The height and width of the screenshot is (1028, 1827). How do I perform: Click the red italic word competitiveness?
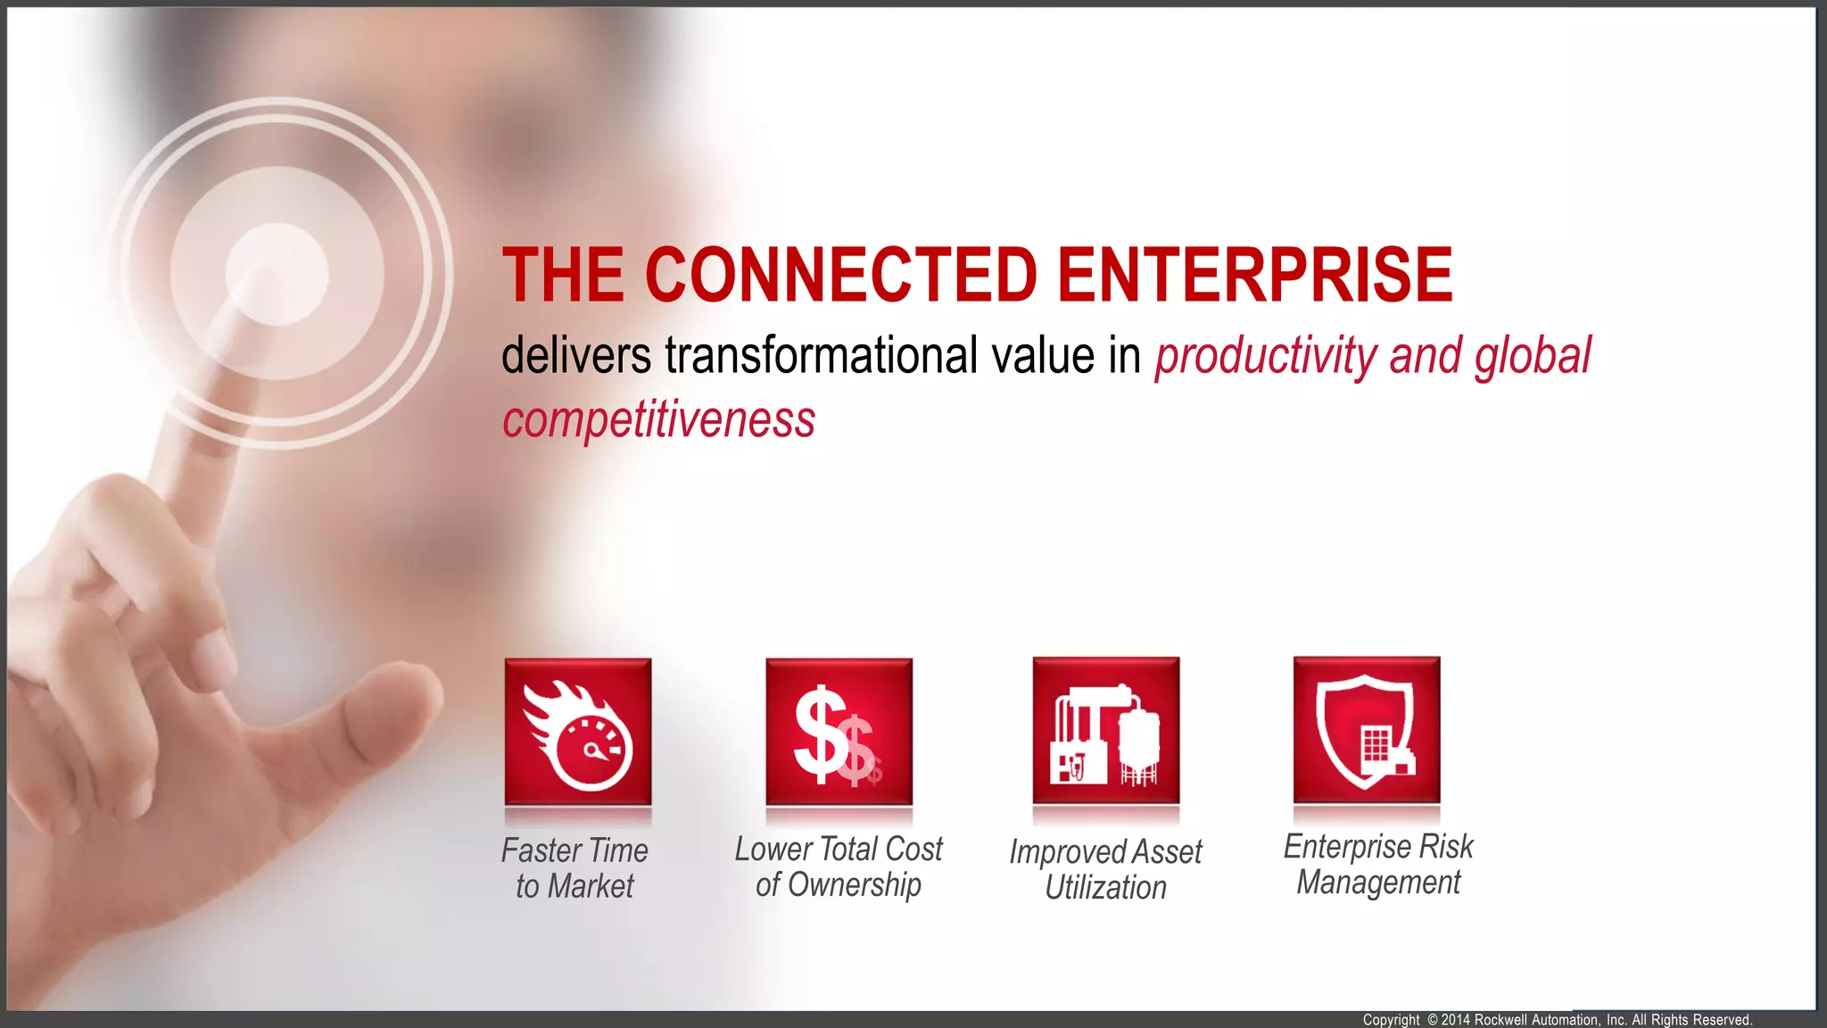pos(658,419)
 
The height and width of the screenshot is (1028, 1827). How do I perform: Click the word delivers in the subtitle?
pos(576,355)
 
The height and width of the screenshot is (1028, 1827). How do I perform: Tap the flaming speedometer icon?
pos(577,733)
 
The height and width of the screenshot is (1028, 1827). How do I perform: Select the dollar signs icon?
pos(839,733)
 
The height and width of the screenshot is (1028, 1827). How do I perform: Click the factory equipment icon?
pos(1105,732)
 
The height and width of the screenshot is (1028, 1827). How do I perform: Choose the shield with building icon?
pos(1366,731)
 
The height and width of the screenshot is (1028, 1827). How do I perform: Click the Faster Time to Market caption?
pos(575,867)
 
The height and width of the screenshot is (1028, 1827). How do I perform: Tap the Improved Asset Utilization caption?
pos(1105,869)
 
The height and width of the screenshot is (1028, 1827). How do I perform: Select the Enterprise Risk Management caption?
pos(1377,864)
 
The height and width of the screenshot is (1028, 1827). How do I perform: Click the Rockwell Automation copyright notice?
pos(1557,1019)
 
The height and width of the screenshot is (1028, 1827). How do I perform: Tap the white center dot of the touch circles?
pos(277,274)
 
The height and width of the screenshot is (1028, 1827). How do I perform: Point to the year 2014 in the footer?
pos(1455,1019)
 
